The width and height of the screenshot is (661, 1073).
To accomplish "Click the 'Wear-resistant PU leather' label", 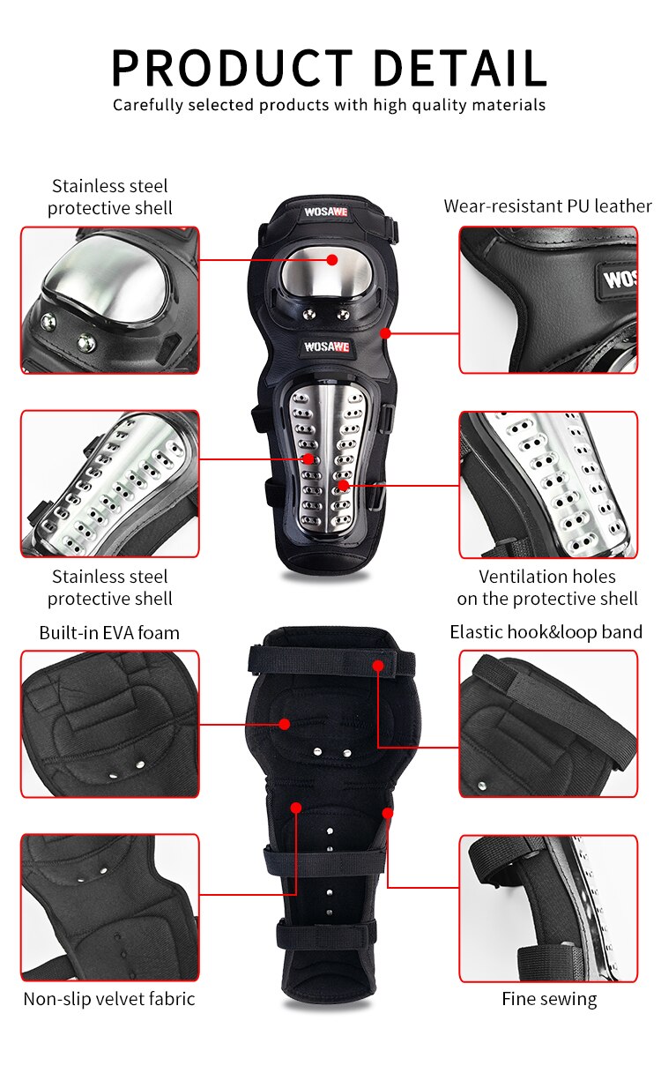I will click(547, 206).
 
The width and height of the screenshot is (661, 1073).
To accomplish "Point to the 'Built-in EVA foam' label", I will click(109, 633).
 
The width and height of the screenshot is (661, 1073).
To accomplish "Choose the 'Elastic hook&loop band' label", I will click(546, 632).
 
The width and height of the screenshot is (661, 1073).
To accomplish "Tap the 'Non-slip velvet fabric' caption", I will click(109, 999).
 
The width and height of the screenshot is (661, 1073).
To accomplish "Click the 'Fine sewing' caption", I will click(549, 999).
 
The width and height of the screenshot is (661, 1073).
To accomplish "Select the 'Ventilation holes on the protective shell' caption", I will click(547, 587).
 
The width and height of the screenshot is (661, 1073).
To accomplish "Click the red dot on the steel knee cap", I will click(331, 259).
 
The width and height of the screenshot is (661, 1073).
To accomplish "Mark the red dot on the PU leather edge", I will click(385, 333).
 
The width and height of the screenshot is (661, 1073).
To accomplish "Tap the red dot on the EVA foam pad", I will click(285, 724).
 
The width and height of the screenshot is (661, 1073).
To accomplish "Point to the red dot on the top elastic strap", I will click(377, 665).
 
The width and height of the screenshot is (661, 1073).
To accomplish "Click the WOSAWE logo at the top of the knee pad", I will click(326, 212).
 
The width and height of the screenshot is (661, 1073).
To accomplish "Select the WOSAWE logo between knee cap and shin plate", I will click(326, 346).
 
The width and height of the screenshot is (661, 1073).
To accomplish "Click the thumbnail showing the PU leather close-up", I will click(547, 300).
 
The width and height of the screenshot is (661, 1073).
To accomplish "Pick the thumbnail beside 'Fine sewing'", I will click(547, 908).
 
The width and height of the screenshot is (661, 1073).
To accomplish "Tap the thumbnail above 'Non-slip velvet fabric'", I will click(110, 907).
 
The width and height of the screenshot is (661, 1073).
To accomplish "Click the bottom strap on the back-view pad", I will click(326, 933).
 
